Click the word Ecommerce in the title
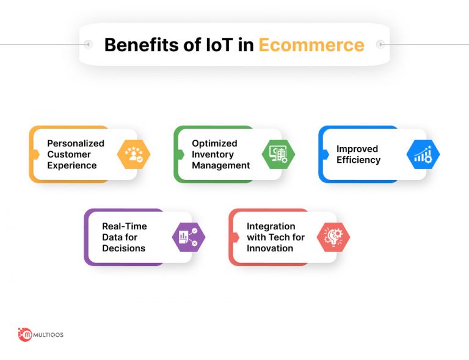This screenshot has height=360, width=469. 311,45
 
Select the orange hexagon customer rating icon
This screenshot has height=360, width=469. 134,154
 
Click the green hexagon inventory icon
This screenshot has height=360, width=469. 278,154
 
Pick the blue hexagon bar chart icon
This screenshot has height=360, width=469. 423,154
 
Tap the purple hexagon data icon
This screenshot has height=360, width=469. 189,237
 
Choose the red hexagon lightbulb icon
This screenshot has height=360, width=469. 333,237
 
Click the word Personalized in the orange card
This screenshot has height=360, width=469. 76,143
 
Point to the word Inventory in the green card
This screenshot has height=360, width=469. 213,154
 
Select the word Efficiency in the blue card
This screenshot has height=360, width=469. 358,160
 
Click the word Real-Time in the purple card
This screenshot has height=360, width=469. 125,226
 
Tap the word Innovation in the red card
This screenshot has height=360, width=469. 270,248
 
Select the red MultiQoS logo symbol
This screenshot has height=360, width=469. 25,334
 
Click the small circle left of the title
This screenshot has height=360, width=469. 88,45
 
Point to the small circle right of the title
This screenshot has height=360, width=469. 380,45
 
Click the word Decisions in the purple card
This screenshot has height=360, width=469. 123,248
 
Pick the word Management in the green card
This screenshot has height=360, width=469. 221,165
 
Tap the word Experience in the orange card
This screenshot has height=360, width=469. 72,165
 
